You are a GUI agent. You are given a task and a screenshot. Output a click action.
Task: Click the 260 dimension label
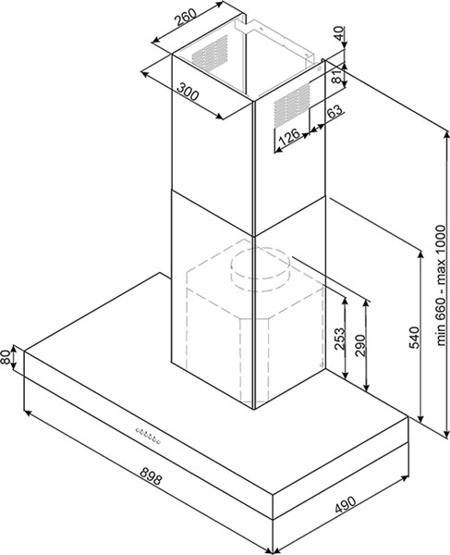coord(186,18)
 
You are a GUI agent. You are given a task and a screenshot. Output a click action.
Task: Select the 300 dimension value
coord(188,92)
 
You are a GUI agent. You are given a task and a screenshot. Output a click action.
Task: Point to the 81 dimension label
coord(338,75)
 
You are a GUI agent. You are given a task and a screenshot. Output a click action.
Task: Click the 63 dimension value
coord(334,112)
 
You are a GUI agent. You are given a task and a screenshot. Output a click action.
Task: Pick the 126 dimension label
coord(289,138)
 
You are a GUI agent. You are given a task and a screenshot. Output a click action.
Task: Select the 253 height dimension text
coord(339,339)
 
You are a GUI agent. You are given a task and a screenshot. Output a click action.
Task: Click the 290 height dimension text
coord(360,345)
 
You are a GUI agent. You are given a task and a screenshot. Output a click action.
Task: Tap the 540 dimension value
coord(414,338)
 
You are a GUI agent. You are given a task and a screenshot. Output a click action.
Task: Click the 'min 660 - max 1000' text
coord(441,285)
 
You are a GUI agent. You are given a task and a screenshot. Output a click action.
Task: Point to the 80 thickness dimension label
coord(6,357)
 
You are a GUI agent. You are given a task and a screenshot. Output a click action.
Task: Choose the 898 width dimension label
coord(151,475)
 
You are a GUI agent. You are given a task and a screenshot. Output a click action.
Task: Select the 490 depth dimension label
coord(345,505)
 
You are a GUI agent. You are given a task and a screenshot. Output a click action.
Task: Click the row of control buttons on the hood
coord(148,436)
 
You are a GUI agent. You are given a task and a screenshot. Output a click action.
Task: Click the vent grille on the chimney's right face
coord(292,105)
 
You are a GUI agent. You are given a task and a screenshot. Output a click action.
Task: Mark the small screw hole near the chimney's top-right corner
coord(319,69)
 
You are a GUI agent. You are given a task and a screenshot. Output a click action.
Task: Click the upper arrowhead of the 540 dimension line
coord(420,256)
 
